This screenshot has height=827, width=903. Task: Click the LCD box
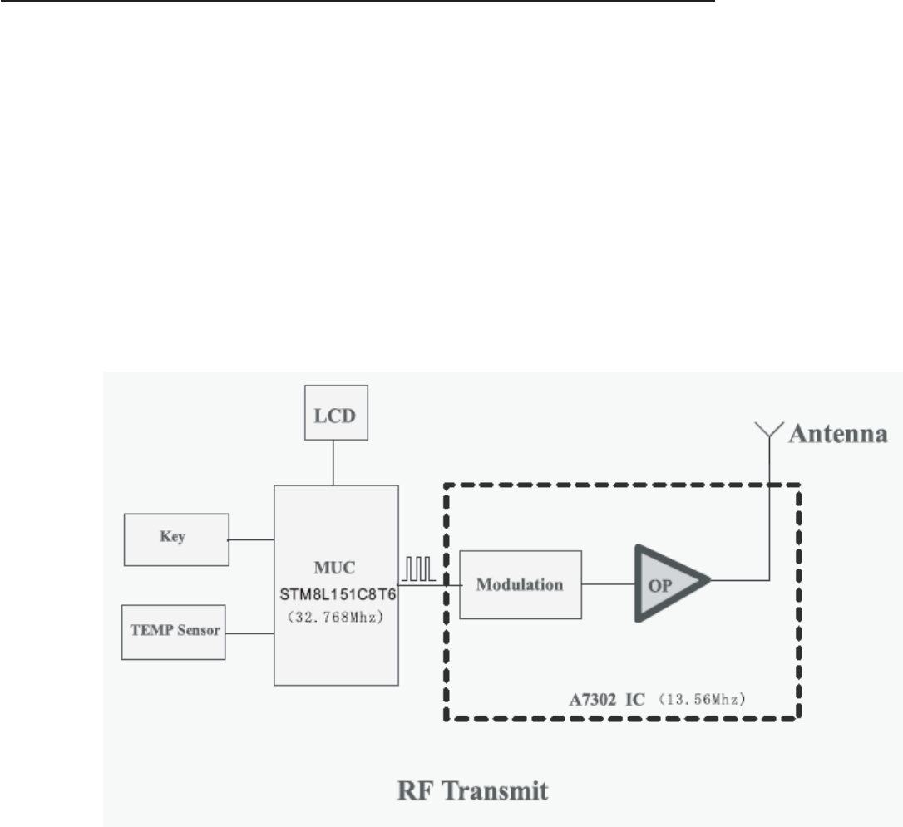click(x=333, y=413)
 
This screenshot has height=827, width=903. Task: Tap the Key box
click(x=175, y=539)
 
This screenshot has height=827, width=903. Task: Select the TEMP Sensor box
click(x=173, y=632)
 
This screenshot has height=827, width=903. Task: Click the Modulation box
click(x=520, y=583)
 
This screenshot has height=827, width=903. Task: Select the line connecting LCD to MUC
click(x=333, y=464)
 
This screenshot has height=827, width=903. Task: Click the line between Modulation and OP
click(x=607, y=583)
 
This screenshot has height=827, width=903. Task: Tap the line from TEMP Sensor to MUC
click(x=250, y=634)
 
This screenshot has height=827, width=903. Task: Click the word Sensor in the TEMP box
click(x=199, y=631)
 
